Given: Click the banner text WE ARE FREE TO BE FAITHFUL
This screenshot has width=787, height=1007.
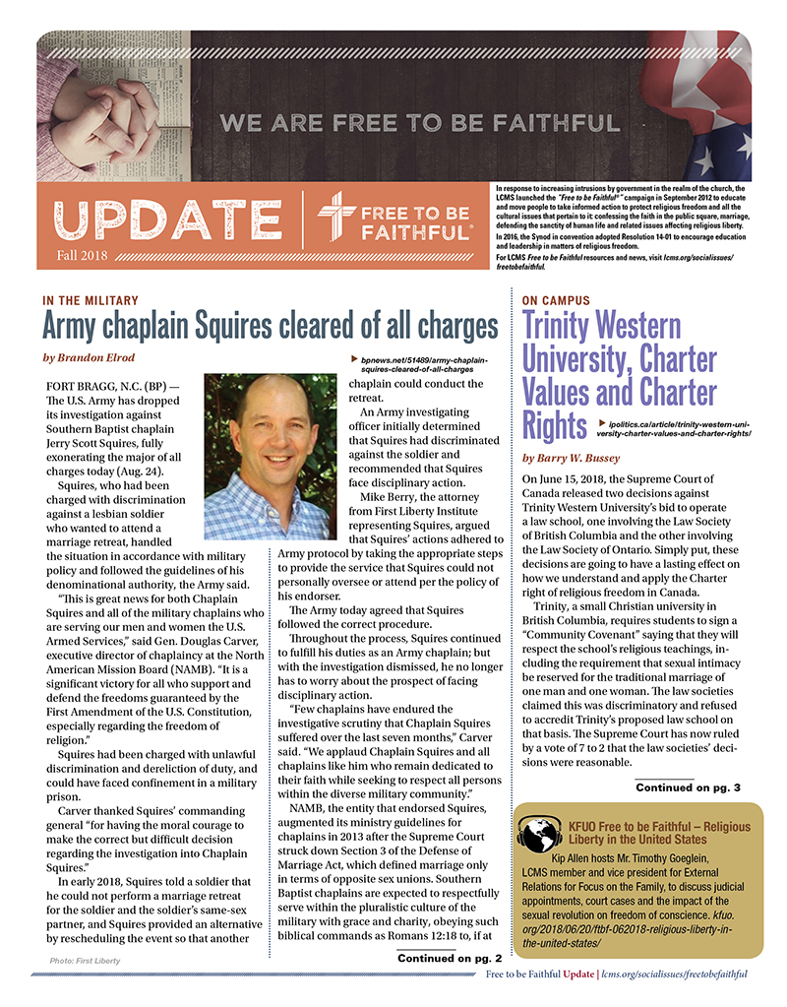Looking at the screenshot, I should (x=420, y=124).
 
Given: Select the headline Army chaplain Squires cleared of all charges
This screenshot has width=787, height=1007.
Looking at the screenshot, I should (x=271, y=325).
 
